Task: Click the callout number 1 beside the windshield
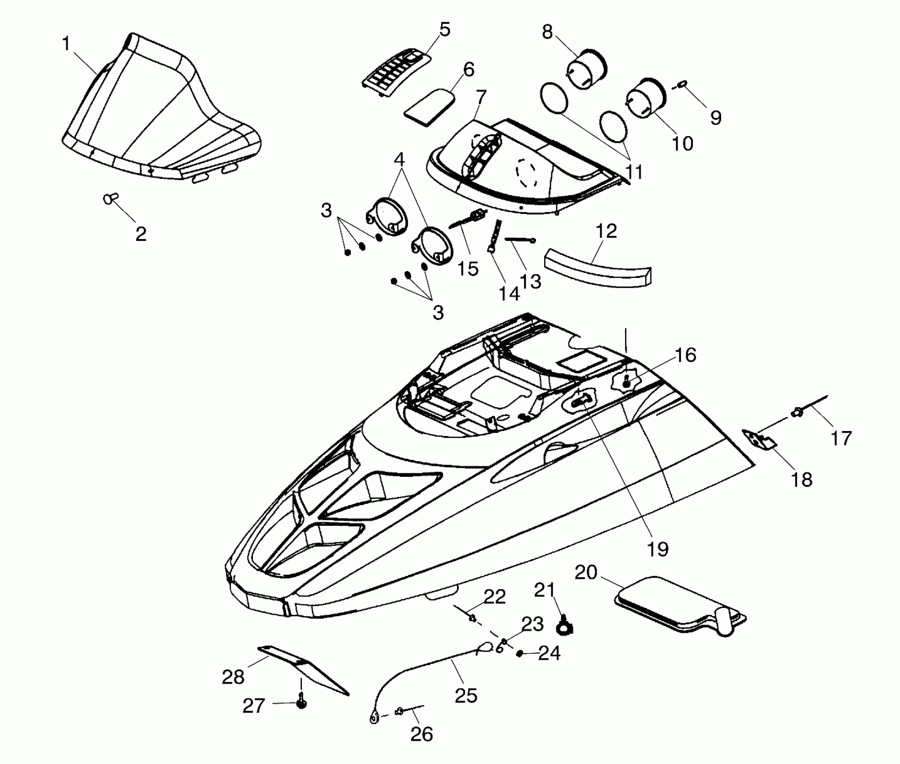coord(66,44)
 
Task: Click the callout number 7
coord(480,96)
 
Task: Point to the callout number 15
coord(468,269)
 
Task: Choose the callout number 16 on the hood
coord(686,355)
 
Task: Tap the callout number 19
coord(657,549)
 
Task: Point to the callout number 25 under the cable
coord(466,696)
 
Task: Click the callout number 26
coord(421,735)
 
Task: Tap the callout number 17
coord(841,438)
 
